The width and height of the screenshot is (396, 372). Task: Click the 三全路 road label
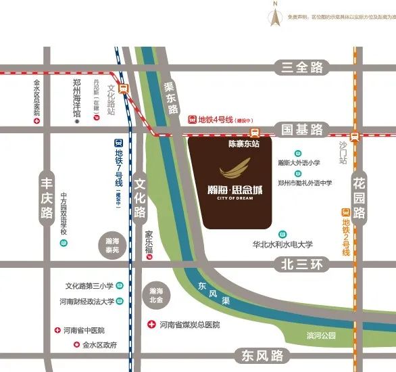(x=301, y=68)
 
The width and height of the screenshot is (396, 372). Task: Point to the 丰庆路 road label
(x=47, y=197)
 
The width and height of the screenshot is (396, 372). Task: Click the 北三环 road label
(x=301, y=264)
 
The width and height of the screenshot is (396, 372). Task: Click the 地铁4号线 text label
(x=214, y=119)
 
